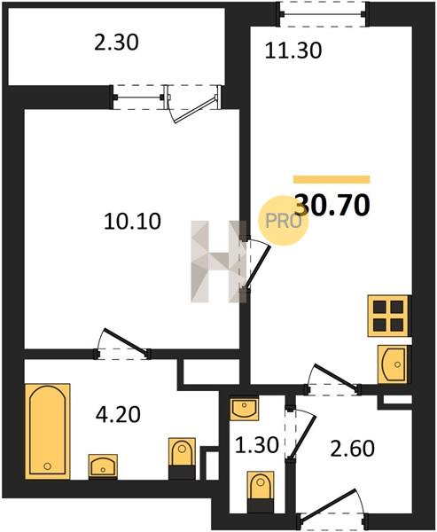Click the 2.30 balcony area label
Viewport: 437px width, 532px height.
pos(116,43)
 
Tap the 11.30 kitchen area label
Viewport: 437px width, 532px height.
pos(293,51)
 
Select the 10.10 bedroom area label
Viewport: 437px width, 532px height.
pos(132,221)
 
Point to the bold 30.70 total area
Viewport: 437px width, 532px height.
pos(332,205)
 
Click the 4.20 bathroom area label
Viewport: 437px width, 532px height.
pos(118,414)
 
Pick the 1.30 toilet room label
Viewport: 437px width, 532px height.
pos(257,445)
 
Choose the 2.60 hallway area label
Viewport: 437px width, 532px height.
pos(352,448)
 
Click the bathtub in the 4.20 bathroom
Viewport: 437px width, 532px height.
pos(48,431)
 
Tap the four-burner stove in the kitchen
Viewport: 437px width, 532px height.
pos(388,316)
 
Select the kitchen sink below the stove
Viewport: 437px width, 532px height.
pos(393,364)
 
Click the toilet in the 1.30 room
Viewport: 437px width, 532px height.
pos(261,491)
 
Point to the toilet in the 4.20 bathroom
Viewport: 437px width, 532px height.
pos(182,458)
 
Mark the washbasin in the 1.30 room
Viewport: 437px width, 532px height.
pos(244,409)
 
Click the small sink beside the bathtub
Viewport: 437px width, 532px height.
pos(103,466)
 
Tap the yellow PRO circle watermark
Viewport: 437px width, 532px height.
pos(284,221)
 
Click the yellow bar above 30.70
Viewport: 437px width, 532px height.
pos(332,179)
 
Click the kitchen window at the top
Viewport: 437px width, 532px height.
pos(323,14)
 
